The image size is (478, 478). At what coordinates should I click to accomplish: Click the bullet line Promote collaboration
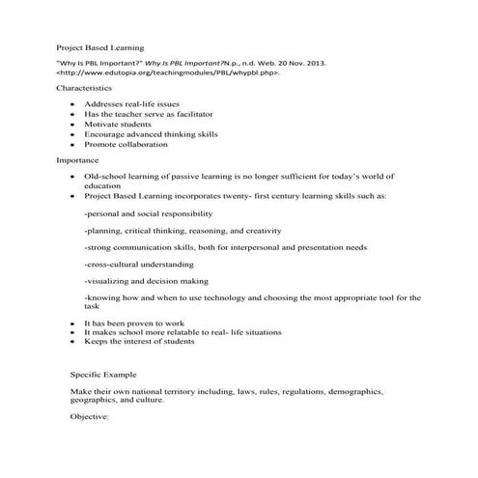126,144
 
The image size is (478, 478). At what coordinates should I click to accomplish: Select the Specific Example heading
103,373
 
